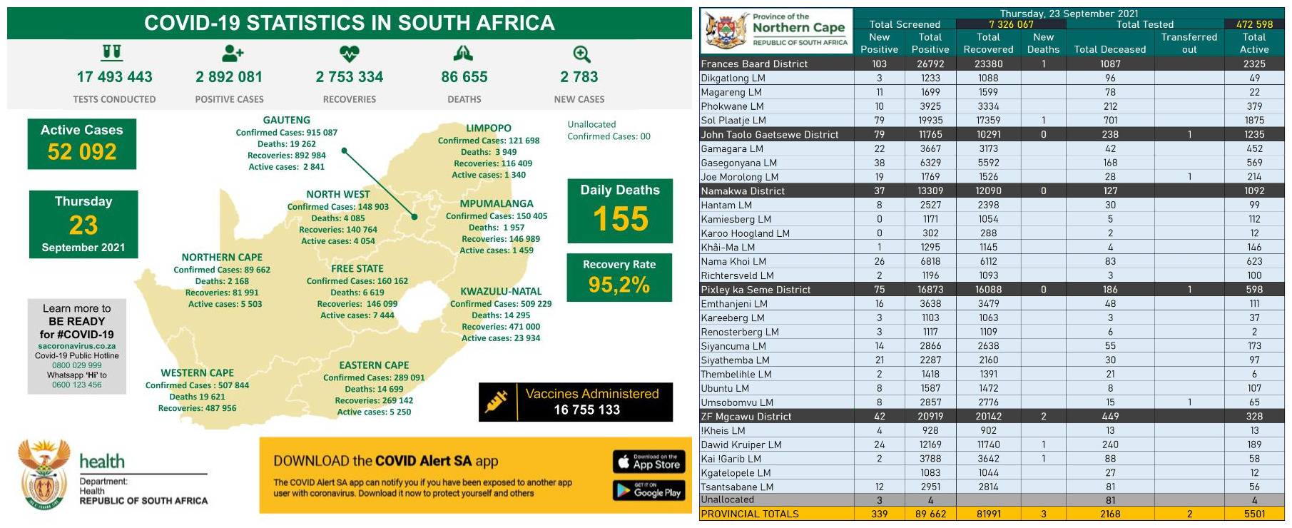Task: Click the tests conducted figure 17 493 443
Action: (x=114, y=77)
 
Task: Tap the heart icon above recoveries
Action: (x=349, y=54)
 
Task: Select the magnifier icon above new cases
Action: (x=581, y=54)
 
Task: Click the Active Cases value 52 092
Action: (x=82, y=152)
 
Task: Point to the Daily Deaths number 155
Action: (x=620, y=218)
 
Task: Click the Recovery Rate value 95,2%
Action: (x=619, y=285)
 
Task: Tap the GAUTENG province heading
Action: (x=286, y=121)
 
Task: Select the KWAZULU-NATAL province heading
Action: (x=501, y=291)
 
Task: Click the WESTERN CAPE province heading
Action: (x=197, y=373)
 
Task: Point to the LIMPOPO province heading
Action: (x=489, y=128)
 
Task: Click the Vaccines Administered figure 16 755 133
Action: (x=586, y=410)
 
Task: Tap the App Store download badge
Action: (x=648, y=462)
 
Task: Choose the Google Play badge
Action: (x=648, y=490)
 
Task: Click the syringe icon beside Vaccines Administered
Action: (x=497, y=401)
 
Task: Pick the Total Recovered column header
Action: (x=988, y=43)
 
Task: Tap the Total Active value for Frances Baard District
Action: (x=1254, y=64)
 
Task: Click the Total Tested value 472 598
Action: (x=1254, y=24)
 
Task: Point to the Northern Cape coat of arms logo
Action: (x=726, y=31)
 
